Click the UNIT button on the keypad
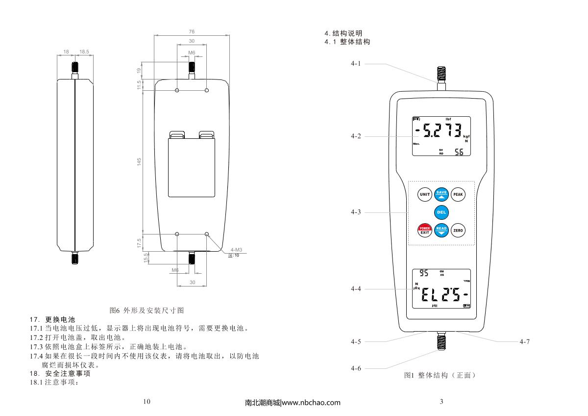[424, 194]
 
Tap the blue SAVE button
[441, 194]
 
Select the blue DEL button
[441, 212]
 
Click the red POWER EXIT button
[424, 231]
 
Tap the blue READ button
[441, 231]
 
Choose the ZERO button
[458, 231]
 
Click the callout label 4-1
[356, 64]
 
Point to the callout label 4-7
[524, 341]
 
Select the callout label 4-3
[356, 212]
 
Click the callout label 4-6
[356, 368]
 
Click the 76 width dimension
[192, 32]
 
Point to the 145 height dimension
[139, 162]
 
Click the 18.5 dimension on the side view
[84, 51]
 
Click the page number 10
[147, 402]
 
